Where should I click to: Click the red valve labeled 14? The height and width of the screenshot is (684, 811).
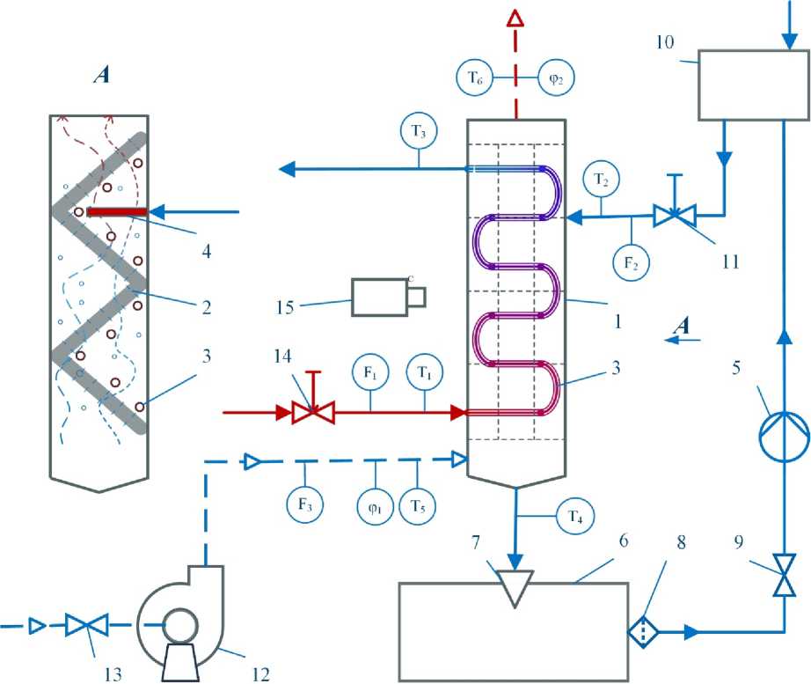pyautogui.click(x=305, y=410)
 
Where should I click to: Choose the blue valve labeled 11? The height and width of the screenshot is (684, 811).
pyautogui.click(x=674, y=213)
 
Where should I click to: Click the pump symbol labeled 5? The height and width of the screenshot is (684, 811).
pyautogui.click(x=783, y=432)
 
